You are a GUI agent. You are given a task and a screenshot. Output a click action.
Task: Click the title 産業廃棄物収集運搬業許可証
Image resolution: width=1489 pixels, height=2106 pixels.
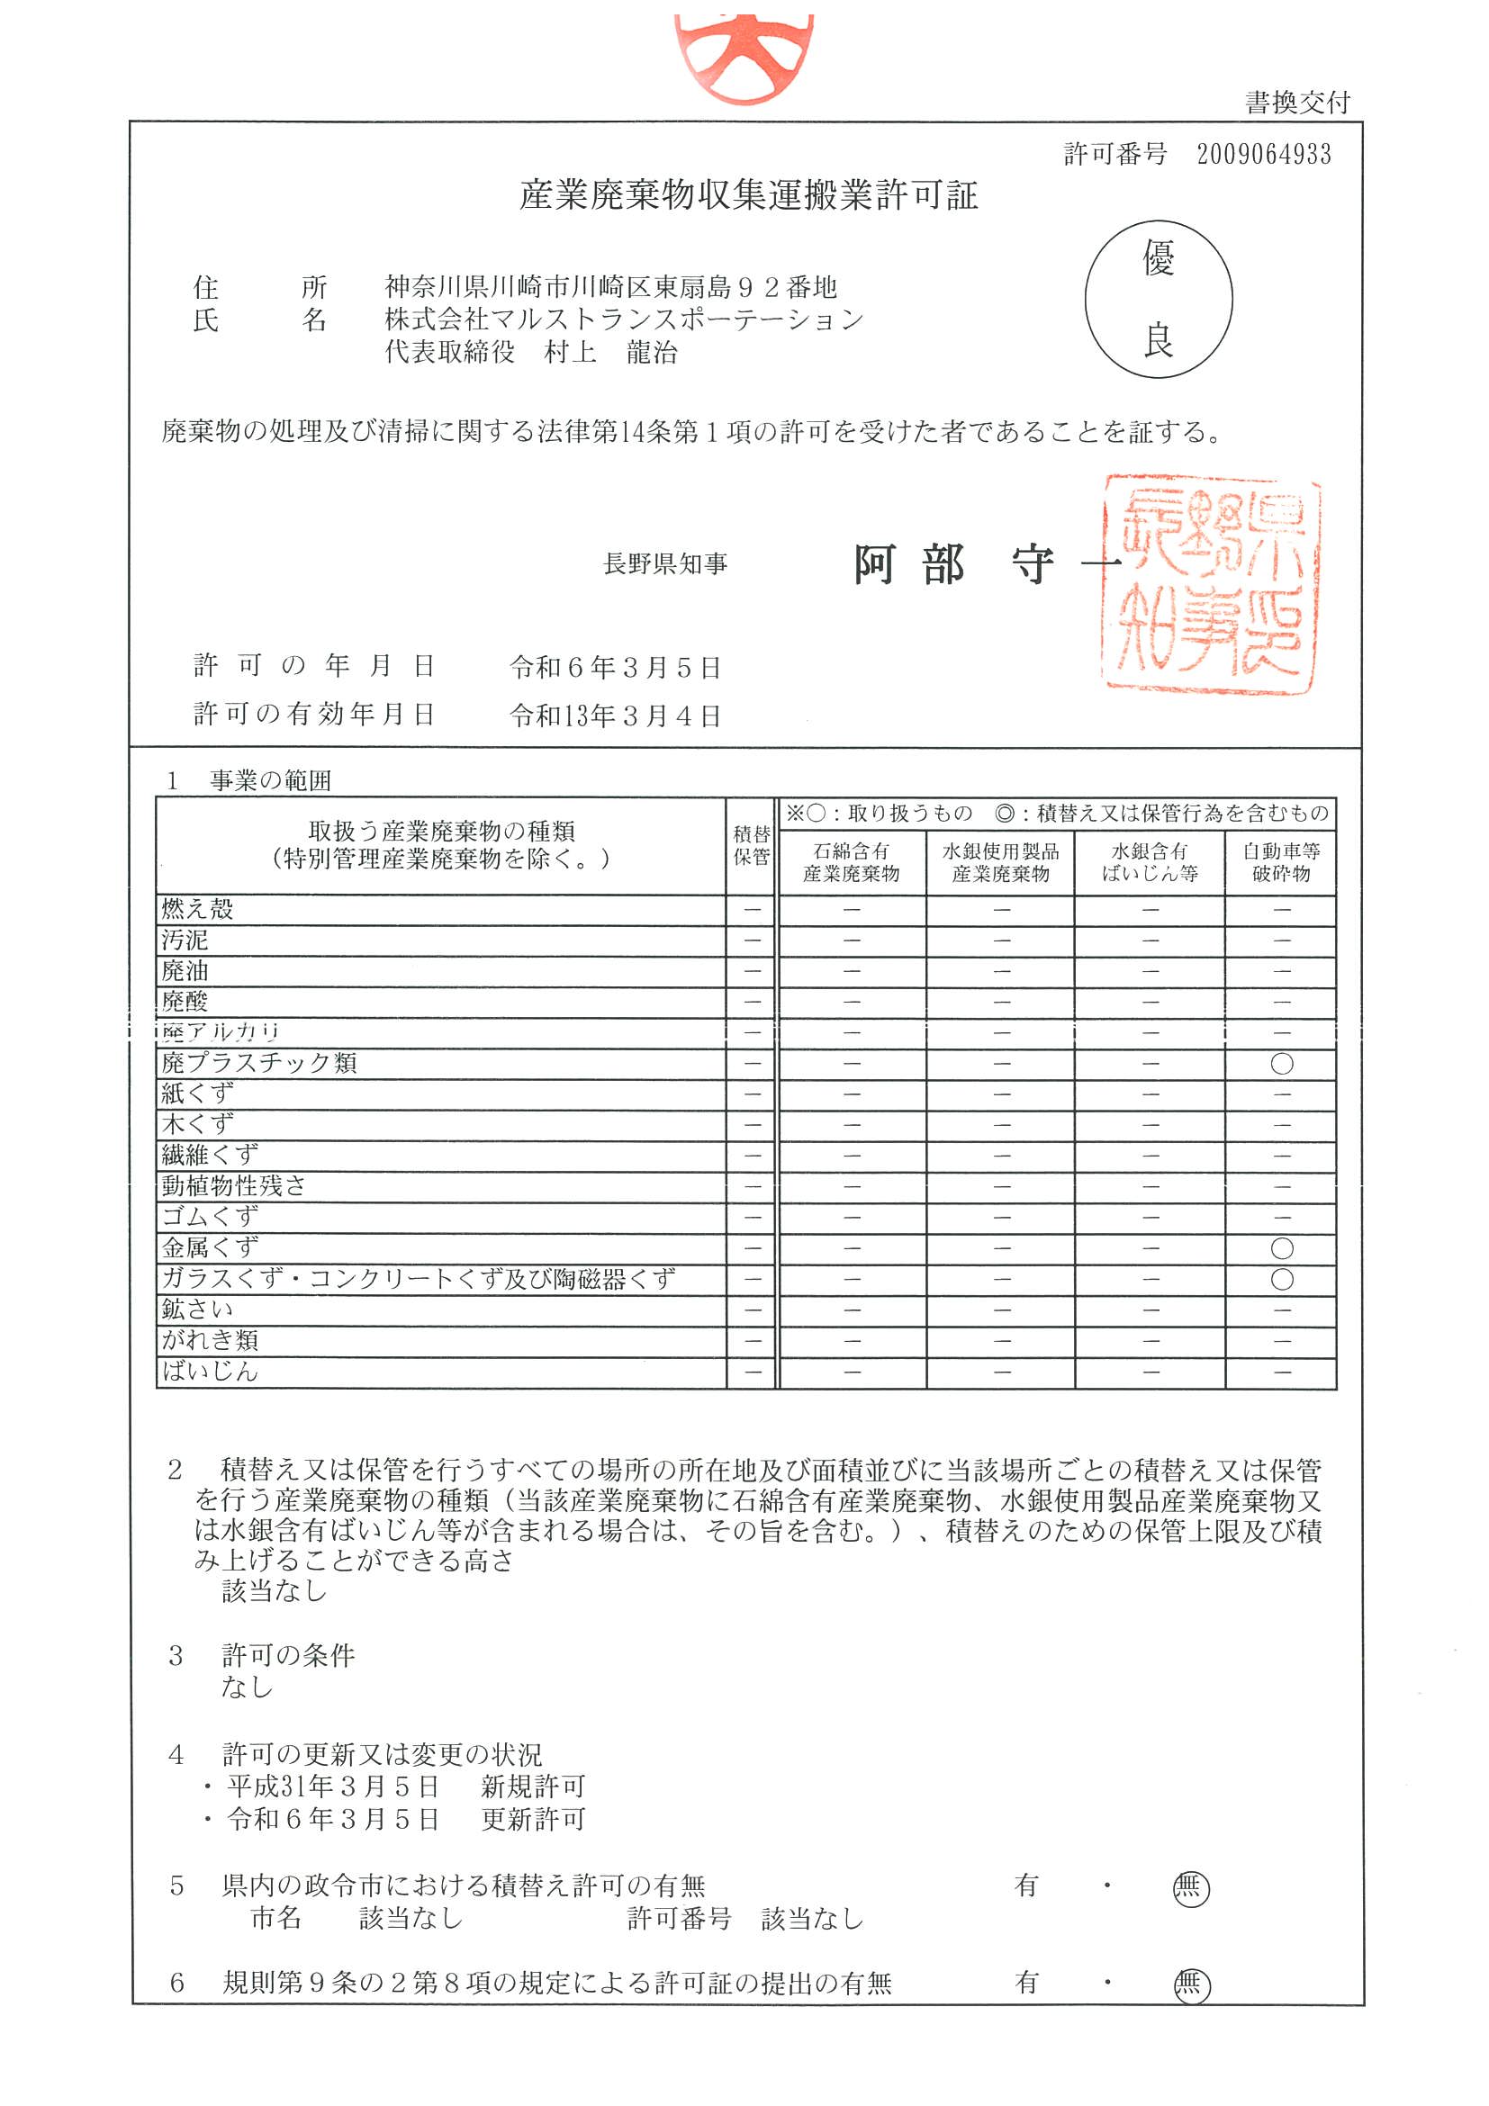[748, 195]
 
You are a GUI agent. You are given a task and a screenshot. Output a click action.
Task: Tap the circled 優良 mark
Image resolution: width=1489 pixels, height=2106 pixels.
[1158, 299]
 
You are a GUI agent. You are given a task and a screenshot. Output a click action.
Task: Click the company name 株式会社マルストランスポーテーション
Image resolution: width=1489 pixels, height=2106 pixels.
[624, 320]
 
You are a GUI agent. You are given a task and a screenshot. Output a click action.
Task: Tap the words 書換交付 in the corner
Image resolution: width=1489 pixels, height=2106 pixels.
[1297, 103]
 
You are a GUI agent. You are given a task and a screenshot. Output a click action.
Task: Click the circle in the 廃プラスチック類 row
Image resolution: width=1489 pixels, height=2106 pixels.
[1282, 1064]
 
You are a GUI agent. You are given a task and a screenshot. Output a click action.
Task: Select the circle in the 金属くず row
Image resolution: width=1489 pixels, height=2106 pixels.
[1282, 1248]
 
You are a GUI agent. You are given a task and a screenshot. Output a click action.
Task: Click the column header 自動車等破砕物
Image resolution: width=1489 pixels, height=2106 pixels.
[1281, 862]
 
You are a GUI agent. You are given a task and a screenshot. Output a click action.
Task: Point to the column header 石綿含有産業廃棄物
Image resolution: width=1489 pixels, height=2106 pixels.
[851, 862]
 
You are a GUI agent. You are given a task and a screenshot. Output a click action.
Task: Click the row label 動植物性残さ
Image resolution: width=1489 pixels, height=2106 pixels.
[234, 1186]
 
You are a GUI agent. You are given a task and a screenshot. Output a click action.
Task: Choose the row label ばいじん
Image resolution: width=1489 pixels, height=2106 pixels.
[210, 1372]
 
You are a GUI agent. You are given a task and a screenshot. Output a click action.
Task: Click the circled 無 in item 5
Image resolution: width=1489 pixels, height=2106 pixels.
[1191, 1888]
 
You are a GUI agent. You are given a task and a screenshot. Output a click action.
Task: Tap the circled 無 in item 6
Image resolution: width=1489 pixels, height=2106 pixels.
[1192, 1985]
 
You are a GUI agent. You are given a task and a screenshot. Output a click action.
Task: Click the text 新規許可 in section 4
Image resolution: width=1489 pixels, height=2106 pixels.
[533, 1786]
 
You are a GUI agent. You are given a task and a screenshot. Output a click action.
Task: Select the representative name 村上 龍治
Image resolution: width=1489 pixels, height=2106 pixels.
[610, 352]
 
